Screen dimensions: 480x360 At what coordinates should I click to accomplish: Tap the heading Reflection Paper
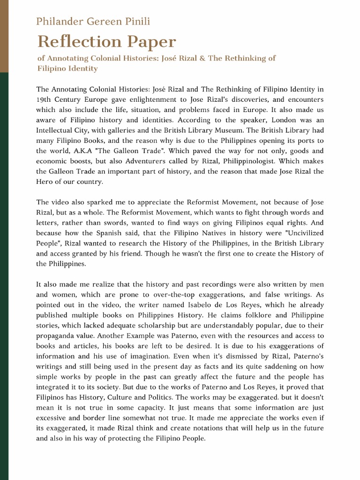pos(106,42)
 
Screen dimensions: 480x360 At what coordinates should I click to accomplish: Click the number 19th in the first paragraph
pos(46,99)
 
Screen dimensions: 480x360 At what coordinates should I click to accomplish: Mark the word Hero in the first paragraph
pos(46,182)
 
